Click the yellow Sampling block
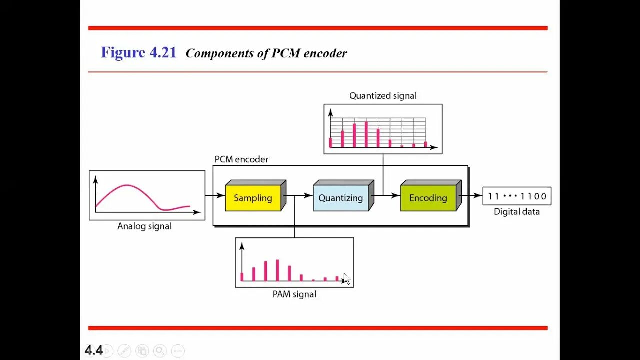tap(253, 198)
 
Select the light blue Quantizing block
tap(341, 198)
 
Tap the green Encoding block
tap(428, 198)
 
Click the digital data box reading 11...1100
tap(517, 196)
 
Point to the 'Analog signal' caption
tap(144, 226)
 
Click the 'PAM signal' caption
tap(294, 294)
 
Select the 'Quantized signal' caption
tap(383, 96)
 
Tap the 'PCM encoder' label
tap(241, 159)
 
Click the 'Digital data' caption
tap(517, 212)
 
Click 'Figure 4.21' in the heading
tap(138, 53)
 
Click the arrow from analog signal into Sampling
tap(215, 196)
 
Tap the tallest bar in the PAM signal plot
tap(277, 270)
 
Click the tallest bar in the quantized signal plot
tap(366, 134)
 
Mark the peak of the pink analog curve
tap(127, 185)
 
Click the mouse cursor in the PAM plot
tap(347, 279)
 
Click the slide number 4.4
tap(93, 351)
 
